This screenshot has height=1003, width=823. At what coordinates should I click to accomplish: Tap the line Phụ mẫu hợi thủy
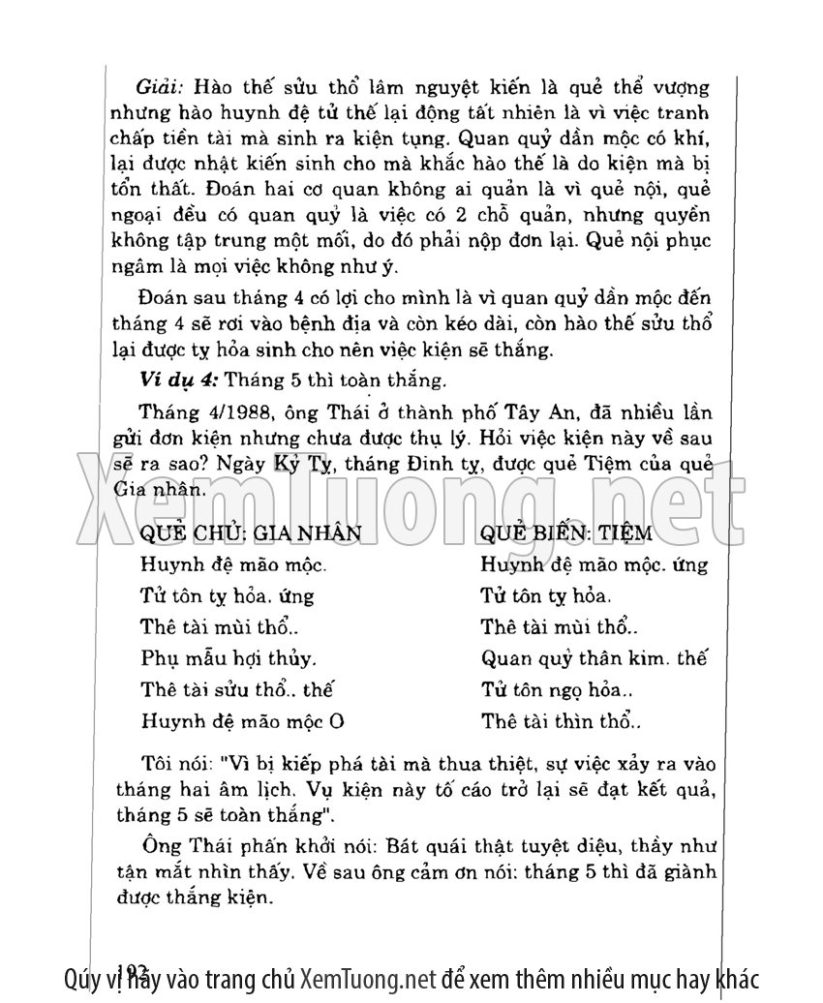tap(229, 658)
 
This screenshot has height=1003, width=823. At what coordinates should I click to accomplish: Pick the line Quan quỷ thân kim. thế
tap(594, 658)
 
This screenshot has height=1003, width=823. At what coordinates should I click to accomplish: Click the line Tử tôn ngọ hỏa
tap(556, 690)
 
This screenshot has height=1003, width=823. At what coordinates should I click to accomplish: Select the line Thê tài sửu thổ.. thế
tap(238, 690)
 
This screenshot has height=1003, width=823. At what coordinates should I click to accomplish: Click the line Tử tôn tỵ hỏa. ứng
tap(227, 595)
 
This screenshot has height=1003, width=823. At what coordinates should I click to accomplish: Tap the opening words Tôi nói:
tap(178, 760)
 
